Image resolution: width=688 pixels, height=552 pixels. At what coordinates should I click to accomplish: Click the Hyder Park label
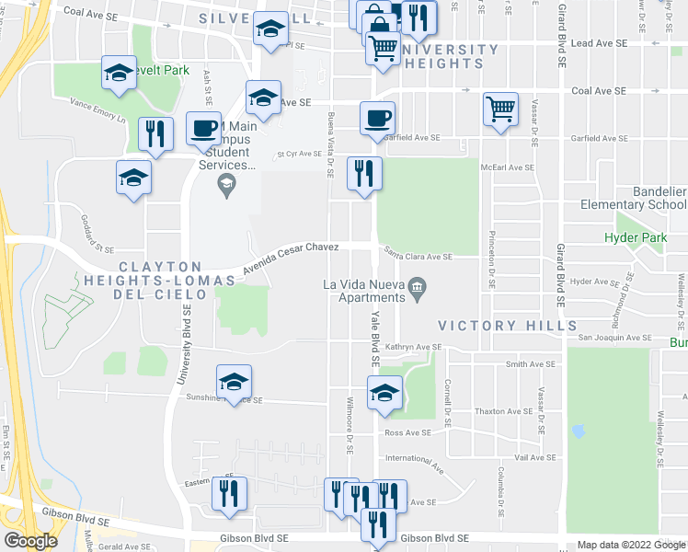[x=636, y=237]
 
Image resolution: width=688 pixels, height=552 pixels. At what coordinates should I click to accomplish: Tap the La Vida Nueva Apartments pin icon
[x=417, y=288]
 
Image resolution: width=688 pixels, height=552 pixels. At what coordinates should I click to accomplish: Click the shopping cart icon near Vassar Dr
[x=500, y=110]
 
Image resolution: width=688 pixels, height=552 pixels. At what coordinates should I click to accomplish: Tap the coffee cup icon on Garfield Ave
[x=377, y=120]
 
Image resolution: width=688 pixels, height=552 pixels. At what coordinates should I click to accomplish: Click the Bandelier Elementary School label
[x=634, y=198]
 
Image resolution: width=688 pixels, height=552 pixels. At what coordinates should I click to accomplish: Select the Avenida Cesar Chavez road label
[x=291, y=259]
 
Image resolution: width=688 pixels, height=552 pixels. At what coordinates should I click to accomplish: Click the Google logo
[x=30, y=541]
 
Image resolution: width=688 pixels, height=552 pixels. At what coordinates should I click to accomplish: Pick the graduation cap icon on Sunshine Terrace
[x=235, y=383]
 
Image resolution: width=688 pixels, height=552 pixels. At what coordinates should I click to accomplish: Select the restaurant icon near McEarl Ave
[x=364, y=173]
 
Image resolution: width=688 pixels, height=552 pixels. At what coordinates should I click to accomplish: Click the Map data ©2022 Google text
[x=630, y=545]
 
